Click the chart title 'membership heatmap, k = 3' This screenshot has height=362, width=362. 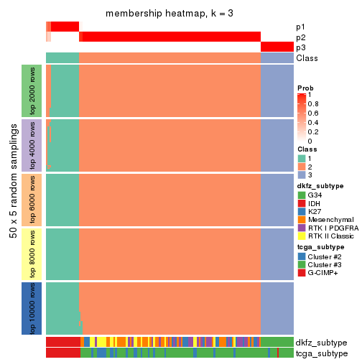pos(170,14)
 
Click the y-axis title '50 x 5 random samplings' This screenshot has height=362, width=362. pos(12,199)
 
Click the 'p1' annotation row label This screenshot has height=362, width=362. pos(300,27)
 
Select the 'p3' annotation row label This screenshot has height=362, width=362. pos(300,47)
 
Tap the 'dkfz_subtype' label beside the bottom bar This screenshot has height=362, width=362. pos(320,343)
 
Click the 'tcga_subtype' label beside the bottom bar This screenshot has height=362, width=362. pos(320,353)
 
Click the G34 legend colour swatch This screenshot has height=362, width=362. pos(302,195)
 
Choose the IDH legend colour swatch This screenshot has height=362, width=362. pos(302,203)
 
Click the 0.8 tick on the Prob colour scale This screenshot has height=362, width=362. pos(314,104)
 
